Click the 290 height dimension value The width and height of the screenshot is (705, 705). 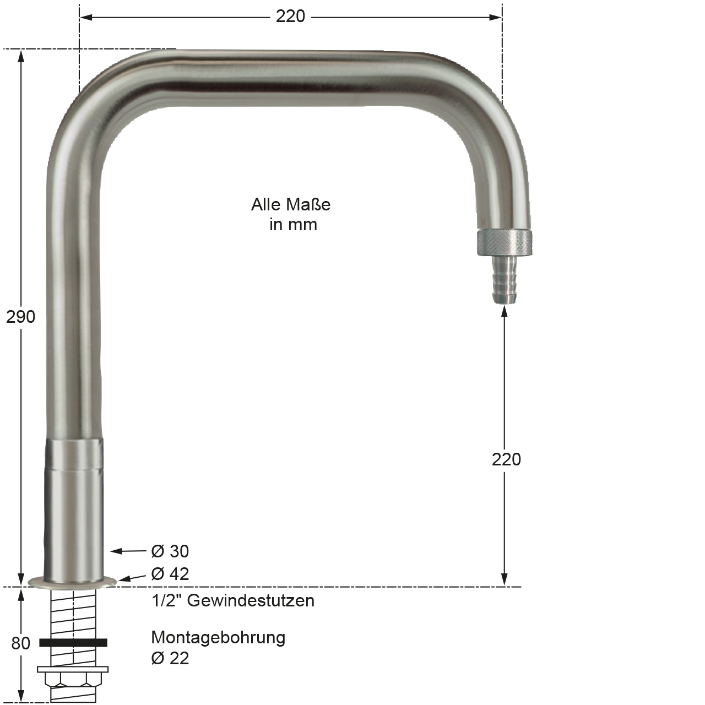pyautogui.click(x=20, y=317)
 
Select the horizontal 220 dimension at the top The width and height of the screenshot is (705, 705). pyautogui.click(x=290, y=17)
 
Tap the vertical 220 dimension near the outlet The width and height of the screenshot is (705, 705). pyautogui.click(x=506, y=459)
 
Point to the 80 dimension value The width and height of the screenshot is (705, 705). pyautogui.click(x=20, y=643)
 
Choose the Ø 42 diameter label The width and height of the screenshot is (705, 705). pyautogui.click(x=170, y=574)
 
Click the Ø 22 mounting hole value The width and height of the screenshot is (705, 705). pyautogui.click(x=170, y=658)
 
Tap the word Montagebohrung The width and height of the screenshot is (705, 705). pyautogui.click(x=218, y=638)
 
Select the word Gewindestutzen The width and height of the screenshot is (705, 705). pyautogui.click(x=251, y=600)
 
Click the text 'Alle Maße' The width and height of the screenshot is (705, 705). pyautogui.click(x=290, y=204)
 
